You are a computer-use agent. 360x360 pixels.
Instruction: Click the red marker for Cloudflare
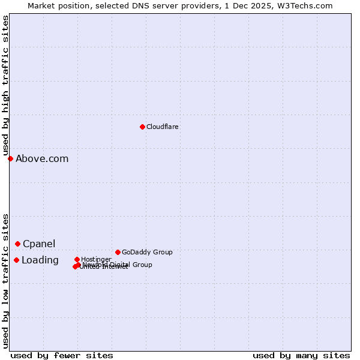[142, 127]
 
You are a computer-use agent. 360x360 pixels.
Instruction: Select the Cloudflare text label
[162, 127]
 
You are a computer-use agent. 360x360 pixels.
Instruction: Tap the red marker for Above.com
[10, 158]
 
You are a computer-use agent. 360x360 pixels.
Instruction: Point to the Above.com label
[42, 159]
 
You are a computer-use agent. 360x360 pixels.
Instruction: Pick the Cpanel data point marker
[17, 244]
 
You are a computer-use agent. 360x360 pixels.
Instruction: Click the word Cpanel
[39, 244]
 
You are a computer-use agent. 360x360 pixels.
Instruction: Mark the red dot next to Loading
[16, 260]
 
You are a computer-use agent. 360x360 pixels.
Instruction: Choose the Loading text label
[40, 260]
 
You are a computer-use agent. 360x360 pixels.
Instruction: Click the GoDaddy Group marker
[118, 252]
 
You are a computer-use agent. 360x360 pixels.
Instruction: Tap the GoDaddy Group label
[147, 252]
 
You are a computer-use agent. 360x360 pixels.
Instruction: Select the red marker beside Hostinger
[77, 259]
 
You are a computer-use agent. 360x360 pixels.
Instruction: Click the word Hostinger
[96, 259]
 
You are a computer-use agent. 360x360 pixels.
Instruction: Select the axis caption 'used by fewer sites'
[62, 355]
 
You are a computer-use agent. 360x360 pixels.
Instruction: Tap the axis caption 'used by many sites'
[301, 355]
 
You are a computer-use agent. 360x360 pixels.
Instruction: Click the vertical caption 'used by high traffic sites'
[5, 85]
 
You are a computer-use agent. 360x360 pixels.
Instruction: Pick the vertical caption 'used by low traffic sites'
[5, 281]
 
